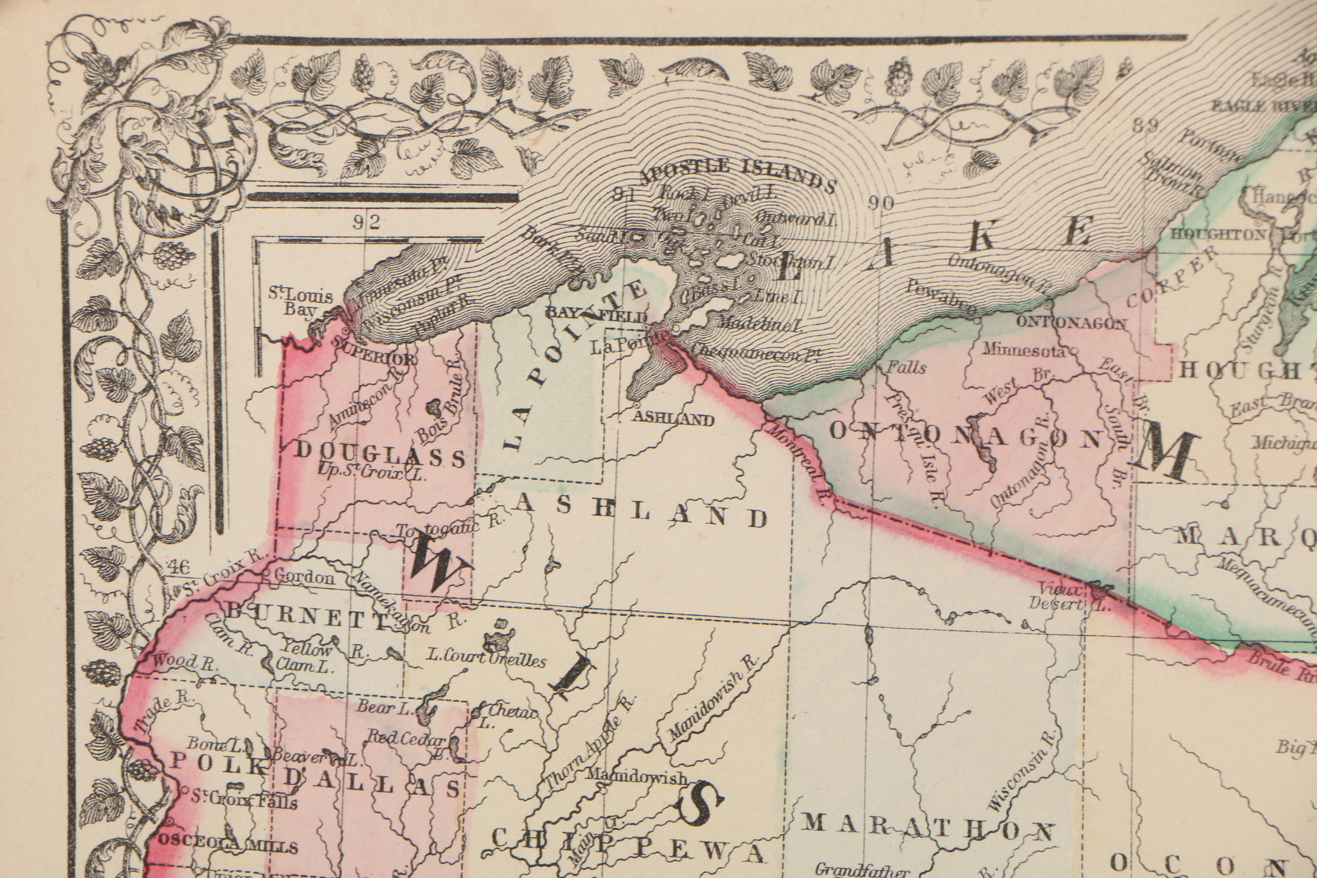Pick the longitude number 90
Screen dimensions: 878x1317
coord(881,203)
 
